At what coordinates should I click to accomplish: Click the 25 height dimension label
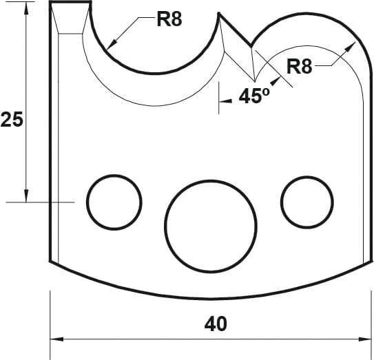12,120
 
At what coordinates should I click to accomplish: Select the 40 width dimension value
215,324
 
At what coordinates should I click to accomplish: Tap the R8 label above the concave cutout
169,19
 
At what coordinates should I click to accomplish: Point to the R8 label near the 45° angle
300,67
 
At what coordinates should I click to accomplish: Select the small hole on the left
114,202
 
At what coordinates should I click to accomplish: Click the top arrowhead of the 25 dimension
26,8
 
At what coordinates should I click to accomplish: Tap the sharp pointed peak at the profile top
220,14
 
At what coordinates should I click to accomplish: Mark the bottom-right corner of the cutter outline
366,264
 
